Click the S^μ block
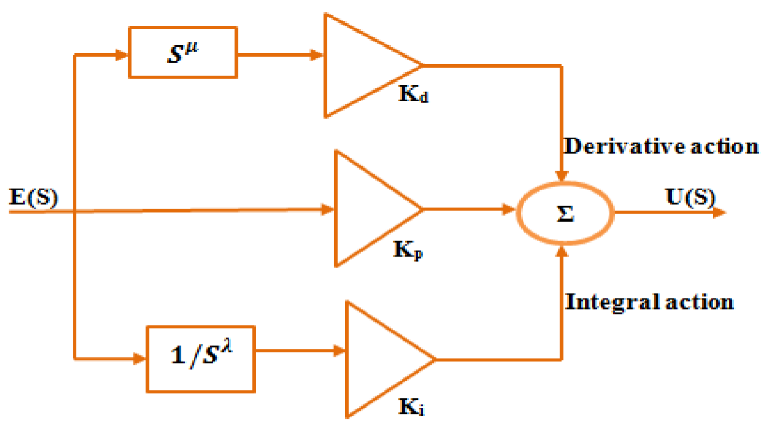[183, 52]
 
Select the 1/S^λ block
[200, 359]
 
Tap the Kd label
[413, 94]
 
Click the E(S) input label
[33, 197]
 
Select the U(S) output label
[690, 197]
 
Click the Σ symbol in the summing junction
[565, 213]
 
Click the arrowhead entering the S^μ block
[121, 55]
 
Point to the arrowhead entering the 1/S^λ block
[139, 359]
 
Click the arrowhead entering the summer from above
[561, 176]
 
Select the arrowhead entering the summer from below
[562, 252]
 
